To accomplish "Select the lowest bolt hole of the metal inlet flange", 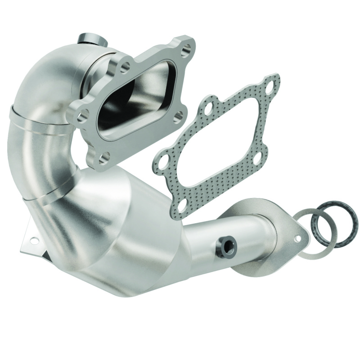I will point(104,157).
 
